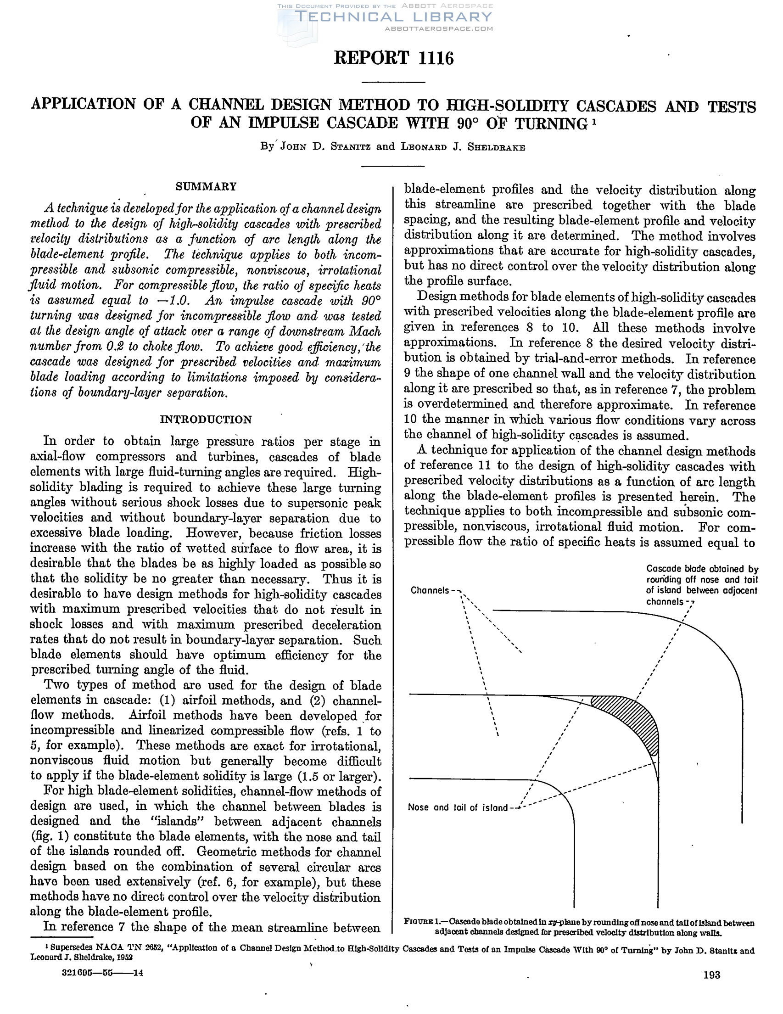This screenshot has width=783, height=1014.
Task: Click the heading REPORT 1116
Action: tap(394, 58)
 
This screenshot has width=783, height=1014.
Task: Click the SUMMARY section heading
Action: tap(206, 187)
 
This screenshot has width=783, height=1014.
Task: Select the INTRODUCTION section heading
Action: tap(206, 420)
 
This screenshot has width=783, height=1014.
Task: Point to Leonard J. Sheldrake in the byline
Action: tap(463, 147)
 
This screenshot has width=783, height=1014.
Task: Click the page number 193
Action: tap(711, 975)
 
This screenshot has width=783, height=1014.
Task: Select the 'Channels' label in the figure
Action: tap(430, 591)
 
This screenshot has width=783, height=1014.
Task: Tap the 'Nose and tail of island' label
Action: tap(458, 807)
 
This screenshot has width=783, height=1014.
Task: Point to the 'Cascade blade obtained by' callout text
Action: tap(702, 569)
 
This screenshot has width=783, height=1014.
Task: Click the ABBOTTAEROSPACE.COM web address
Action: tap(439, 29)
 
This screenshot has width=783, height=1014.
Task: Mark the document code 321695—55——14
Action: tap(102, 973)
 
